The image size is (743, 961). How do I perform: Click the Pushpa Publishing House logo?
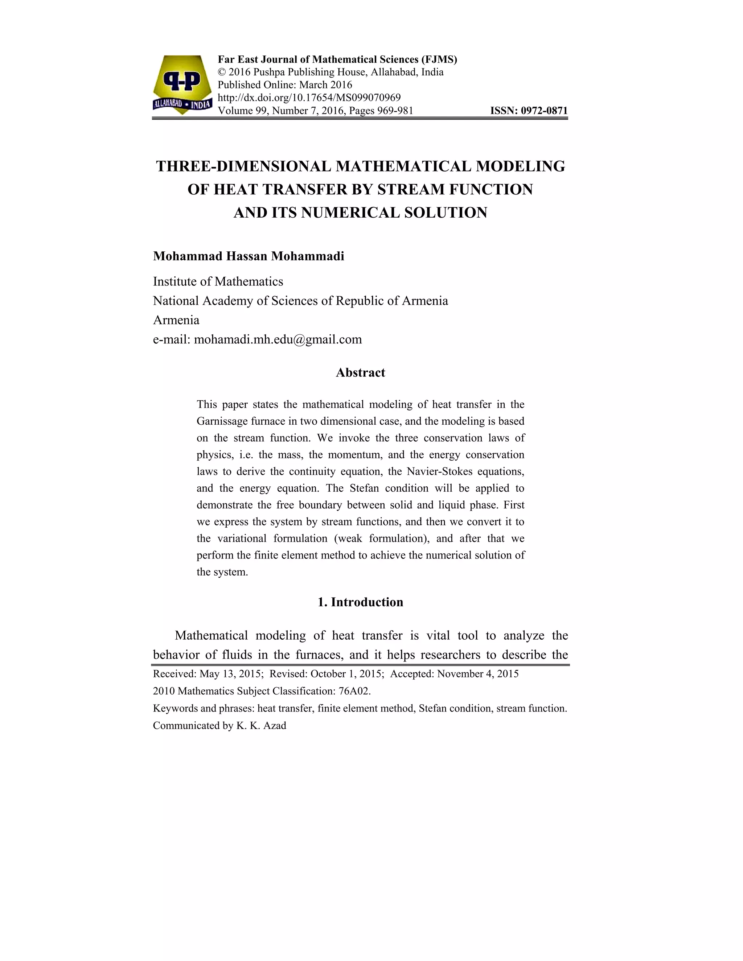click(x=182, y=84)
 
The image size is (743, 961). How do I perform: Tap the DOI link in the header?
click(x=309, y=97)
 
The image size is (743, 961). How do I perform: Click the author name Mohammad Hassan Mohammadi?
click(x=248, y=256)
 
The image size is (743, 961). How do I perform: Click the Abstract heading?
click(x=360, y=373)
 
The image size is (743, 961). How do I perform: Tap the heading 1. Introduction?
click(x=360, y=602)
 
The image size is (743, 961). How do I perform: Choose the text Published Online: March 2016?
click(x=285, y=85)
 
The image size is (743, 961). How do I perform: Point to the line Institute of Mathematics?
click(x=218, y=281)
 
